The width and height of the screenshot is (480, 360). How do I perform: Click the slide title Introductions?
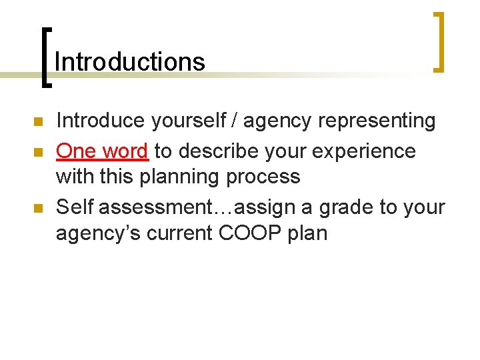click(x=130, y=62)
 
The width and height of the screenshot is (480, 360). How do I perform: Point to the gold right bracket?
click(x=439, y=41)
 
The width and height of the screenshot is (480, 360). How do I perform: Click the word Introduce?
click(x=101, y=121)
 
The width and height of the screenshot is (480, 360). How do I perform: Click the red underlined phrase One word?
click(x=102, y=151)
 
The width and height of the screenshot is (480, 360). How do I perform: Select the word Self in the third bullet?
click(x=75, y=207)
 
